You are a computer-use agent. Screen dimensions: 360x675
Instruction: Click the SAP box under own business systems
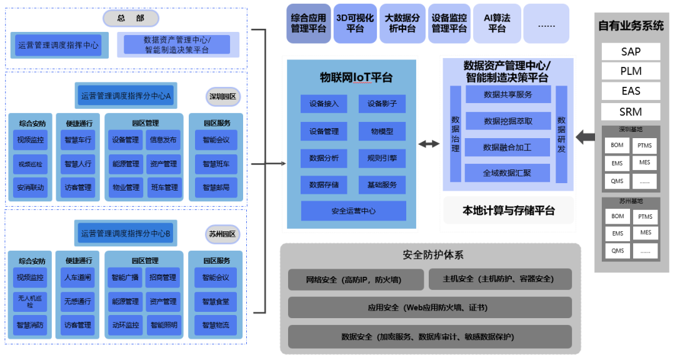(631, 52)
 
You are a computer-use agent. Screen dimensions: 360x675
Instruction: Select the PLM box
(631, 71)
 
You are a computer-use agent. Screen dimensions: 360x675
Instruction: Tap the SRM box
(631, 112)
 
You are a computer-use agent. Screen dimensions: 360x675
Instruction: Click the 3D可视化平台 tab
(355, 24)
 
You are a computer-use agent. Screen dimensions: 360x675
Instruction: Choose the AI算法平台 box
(496, 24)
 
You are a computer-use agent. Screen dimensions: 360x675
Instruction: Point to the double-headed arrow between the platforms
(429, 144)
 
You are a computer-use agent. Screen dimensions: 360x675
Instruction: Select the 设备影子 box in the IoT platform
(382, 104)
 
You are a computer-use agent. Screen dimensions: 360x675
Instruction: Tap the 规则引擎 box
(382, 158)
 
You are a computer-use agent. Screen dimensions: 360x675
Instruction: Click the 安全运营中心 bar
(353, 211)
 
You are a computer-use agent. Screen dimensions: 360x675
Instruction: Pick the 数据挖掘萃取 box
(507, 121)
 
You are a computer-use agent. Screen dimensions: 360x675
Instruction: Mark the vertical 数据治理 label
(455, 134)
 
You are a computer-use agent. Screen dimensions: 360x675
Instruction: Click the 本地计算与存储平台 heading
(508, 211)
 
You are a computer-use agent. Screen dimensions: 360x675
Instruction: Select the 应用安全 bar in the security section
(429, 307)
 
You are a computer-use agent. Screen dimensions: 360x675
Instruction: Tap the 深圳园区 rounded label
(223, 97)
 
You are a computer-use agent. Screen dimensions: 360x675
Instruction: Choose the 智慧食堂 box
(216, 301)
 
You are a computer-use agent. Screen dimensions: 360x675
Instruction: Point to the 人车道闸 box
(77, 277)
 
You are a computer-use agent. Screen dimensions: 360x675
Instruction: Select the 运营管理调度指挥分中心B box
(125, 234)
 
